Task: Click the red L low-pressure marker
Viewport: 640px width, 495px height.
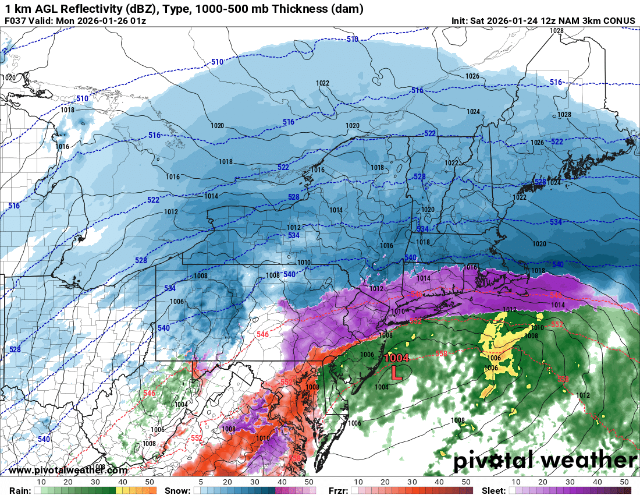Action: (x=396, y=372)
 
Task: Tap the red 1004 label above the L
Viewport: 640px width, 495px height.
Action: (x=396, y=359)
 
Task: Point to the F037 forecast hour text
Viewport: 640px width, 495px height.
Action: (x=15, y=21)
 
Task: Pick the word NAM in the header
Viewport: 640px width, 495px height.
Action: (x=572, y=21)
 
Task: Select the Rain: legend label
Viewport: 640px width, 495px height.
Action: (x=16, y=490)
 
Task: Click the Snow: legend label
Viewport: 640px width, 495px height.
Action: (x=177, y=490)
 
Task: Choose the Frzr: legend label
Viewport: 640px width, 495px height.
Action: (x=338, y=490)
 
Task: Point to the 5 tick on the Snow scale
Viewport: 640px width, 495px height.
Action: (x=201, y=482)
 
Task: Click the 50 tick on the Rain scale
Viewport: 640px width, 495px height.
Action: (x=151, y=482)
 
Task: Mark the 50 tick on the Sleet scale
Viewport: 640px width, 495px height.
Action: (x=624, y=482)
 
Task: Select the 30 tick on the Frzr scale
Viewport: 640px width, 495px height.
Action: (x=411, y=482)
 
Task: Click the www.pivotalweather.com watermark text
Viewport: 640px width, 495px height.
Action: (x=69, y=470)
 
